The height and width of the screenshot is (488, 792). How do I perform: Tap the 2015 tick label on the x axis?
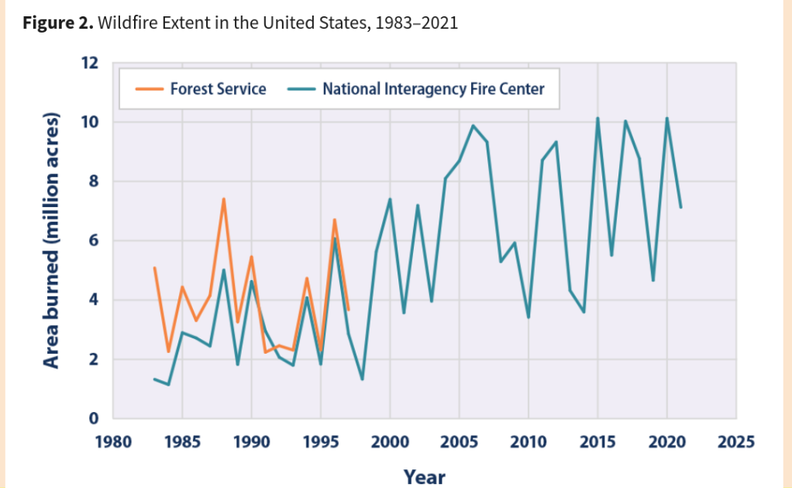coord(597,442)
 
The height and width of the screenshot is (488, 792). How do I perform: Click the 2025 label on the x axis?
coord(736,442)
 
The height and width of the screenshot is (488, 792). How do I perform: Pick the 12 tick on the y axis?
coord(90,63)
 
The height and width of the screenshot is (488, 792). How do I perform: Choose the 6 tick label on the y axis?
coord(94,241)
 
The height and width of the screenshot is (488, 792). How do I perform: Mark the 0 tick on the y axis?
coord(94,419)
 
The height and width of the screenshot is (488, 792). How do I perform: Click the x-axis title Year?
coord(424,476)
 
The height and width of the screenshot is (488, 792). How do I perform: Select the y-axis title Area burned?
coord(51,241)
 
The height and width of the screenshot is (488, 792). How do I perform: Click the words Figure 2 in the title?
coord(57,22)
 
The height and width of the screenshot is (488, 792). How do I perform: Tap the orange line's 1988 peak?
coord(223,199)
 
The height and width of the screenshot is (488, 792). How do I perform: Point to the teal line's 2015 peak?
coord(597,118)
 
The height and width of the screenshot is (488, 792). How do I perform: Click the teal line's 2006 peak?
coord(473,125)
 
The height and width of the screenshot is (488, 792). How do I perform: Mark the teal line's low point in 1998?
coord(362,379)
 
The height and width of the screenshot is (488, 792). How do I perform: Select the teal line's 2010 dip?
coord(528,317)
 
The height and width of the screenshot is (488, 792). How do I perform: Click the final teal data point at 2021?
coord(680,207)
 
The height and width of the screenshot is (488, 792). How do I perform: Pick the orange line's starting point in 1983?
coord(154,268)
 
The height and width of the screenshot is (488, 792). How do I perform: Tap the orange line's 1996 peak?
coord(334,220)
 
